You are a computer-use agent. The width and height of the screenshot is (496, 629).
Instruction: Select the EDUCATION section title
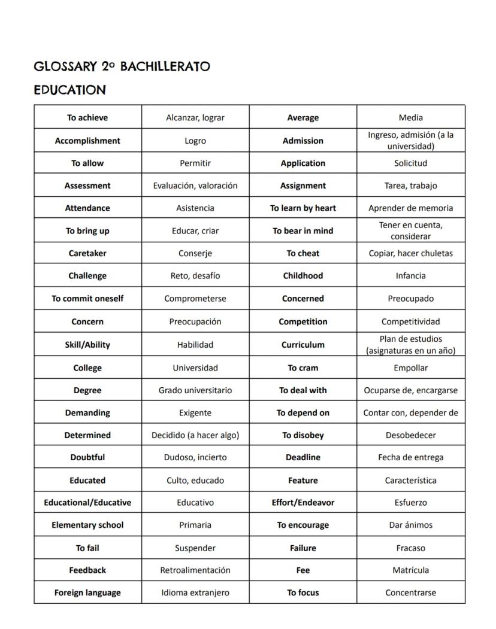pyautogui.click(x=69, y=90)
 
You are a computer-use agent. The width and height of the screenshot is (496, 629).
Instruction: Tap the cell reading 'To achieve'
pyautogui.click(x=87, y=118)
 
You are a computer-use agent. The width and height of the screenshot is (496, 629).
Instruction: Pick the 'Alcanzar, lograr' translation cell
pyautogui.click(x=195, y=118)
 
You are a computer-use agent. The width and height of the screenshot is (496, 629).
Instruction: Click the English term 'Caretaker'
pyautogui.click(x=87, y=253)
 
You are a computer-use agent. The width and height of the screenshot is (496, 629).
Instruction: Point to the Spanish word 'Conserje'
pyautogui.click(x=195, y=253)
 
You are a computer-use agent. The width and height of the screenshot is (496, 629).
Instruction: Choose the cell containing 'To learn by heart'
pyautogui.click(x=303, y=208)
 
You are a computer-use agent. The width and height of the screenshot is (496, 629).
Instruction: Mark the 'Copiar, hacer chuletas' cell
pyautogui.click(x=411, y=253)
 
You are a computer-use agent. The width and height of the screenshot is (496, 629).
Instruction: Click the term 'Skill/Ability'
pyautogui.click(x=87, y=345)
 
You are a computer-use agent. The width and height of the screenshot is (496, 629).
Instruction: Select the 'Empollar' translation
pyautogui.click(x=411, y=368)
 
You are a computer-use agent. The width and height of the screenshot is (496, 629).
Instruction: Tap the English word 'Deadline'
pyautogui.click(x=303, y=457)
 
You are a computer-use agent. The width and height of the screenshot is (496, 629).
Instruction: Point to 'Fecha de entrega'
pyautogui.click(x=411, y=457)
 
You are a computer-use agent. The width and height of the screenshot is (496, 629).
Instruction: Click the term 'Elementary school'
pyautogui.click(x=87, y=525)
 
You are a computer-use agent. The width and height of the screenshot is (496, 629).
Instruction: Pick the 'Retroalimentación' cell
pyautogui.click(x=195, y=570)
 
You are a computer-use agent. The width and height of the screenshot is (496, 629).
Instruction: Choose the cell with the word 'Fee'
pyautogui.click(x=303, y=570)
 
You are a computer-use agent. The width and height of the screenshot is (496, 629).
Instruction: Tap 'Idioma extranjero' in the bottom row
pyautogui.click(x=195, y=592)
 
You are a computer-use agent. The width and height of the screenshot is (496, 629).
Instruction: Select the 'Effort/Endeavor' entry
pyautogui.click(x=303, y=503)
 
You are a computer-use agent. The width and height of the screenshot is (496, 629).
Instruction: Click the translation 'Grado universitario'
pyautogui.click(x=195, y=390)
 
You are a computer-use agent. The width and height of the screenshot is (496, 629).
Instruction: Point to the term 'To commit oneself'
pyautogui.click(x=87, y=298)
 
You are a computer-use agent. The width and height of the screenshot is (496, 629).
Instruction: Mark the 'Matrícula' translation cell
pyautogui.click(x=411, y=570)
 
